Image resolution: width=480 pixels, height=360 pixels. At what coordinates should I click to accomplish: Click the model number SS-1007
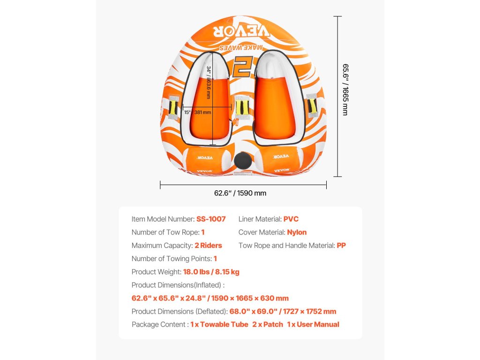211,219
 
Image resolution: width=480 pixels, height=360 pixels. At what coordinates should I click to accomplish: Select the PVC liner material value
291,219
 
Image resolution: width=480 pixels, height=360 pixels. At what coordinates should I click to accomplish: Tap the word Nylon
296,232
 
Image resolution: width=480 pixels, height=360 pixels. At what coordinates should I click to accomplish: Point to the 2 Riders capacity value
208,245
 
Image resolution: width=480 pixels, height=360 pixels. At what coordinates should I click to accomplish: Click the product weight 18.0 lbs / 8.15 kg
211,272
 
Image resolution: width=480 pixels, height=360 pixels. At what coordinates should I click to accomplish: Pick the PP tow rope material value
341,245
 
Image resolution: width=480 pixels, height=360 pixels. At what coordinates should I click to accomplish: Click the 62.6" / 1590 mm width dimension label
240,193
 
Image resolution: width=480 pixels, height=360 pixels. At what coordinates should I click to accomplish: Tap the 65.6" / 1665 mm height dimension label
345,90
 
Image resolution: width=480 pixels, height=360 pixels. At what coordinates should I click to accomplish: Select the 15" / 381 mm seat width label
197,112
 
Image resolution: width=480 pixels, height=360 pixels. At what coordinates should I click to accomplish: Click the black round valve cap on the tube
242,161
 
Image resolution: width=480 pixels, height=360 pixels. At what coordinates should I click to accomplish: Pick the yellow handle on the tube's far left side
173,107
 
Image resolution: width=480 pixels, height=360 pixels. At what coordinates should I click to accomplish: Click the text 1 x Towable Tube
219,324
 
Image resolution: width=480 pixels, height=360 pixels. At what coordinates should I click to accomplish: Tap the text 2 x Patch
268,324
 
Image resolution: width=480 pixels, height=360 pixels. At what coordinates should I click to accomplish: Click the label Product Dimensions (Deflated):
180,311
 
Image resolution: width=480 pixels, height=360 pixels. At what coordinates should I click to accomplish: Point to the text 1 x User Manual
313,324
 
